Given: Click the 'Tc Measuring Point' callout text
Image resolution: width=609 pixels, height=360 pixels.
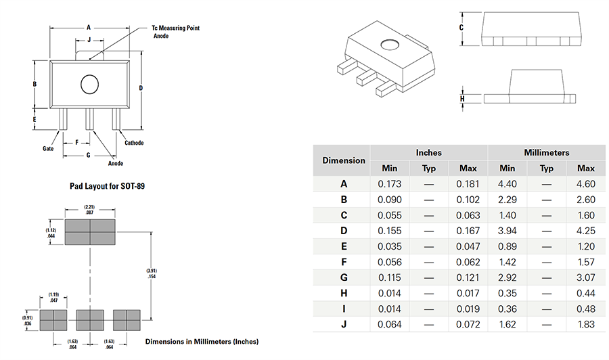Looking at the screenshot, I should coord(175,28).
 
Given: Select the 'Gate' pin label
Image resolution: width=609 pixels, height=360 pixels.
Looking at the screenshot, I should coord(48,148).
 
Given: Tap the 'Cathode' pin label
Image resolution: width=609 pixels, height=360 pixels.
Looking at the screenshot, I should coord(134,143).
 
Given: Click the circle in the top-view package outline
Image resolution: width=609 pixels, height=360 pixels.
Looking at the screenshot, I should coord(90,85).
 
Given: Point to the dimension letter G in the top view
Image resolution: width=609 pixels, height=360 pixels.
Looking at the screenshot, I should coord(88,155).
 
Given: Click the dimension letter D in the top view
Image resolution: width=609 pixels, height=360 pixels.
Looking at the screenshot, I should coord(141,88).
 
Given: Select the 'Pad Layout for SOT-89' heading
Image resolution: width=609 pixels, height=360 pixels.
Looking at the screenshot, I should coord(107,185).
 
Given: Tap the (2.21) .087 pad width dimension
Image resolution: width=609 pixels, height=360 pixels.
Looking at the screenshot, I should coord(89,209).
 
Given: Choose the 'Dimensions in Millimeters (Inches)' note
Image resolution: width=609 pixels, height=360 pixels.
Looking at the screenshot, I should coord(202,341).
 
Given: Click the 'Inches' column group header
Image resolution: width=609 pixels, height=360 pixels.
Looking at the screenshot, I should coord(428,153).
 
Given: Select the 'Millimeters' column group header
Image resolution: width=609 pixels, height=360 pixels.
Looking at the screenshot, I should coord(546,153).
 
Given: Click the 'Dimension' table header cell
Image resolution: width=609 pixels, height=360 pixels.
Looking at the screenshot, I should coord(344,160).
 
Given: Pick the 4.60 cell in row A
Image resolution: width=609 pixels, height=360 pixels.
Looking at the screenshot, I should coord(585,183).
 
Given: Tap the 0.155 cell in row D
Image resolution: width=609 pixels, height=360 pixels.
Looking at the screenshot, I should coord(390,231).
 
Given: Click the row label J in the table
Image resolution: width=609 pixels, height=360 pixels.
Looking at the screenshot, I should coord(344,325).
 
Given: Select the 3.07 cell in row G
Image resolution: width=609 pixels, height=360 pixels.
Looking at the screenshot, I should coord(585,277).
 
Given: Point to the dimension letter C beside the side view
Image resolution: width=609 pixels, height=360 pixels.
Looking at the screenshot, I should coord(461,28).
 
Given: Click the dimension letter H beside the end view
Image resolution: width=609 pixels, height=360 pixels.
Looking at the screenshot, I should coord(462,99).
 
